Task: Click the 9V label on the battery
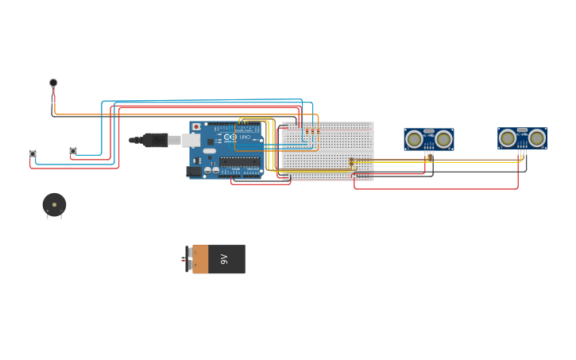(225, 259)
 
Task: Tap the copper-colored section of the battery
(200, 259)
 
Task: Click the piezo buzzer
(54, 204)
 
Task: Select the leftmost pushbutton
(33, 153)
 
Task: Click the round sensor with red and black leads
(53, 83)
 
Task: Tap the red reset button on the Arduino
(196, 126)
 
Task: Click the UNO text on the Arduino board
(245, 137)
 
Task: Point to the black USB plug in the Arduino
(155, 140)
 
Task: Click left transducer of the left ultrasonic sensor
(414, 140)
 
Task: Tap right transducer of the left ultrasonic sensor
(443, 140)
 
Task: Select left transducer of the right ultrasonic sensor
(508, 138)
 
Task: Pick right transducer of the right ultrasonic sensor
(537, 138)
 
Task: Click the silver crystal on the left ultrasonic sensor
(429, 131)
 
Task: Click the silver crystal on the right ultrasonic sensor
(522, 130)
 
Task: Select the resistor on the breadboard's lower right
(351, 161)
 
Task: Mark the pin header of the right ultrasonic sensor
(521, 150)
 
